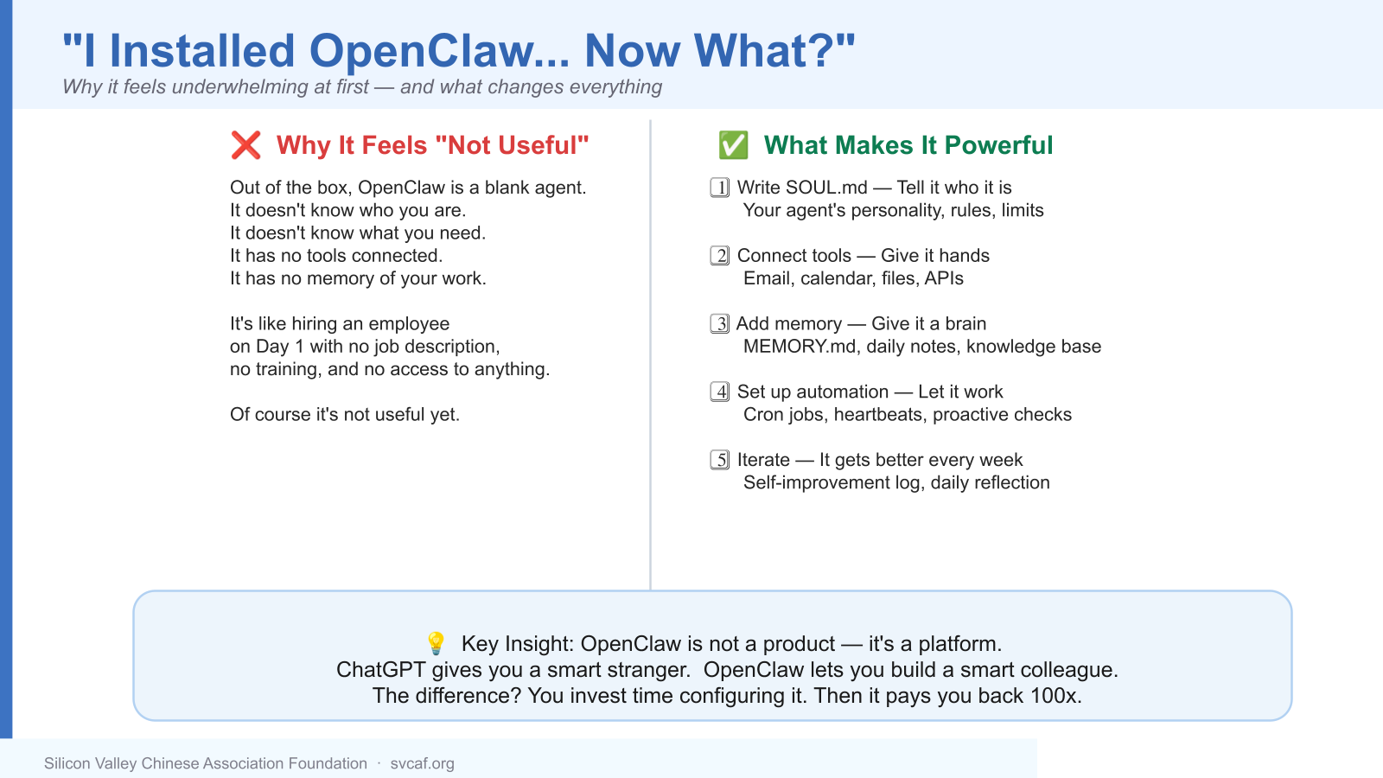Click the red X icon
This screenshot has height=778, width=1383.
pyautogui.click(x=245, y=145)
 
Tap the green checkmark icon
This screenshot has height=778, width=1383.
pyautogui.click(x=734, y=145)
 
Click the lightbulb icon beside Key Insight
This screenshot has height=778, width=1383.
pyautogui.click(x=436, y=643)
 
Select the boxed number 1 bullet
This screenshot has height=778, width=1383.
pyautogui.click(x=719, y=187)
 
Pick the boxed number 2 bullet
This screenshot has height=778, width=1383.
pyautogui.click(x=719, y=255)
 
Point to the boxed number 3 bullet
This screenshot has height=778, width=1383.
pyautogui.click(x=719, y=323)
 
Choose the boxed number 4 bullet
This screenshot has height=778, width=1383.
pyautogui.click(x=719, y=392)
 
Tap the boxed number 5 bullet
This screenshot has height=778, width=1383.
pyautogui.click(x=719, y=459)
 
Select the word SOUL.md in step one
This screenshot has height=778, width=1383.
pyautogui.click(x=826, y=187)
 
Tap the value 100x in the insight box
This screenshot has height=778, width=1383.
pyautogui.click(x=1055, y=696)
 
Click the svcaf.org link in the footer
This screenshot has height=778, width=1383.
pyautogui.click(x=423, y=764)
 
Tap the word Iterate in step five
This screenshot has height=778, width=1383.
pyautogui.click(x=763, y=460)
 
